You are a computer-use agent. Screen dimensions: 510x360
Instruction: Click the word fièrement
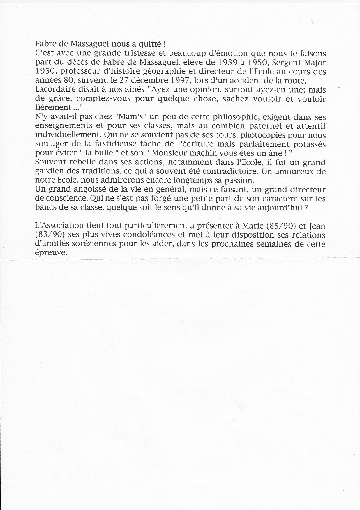pos(53,107)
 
